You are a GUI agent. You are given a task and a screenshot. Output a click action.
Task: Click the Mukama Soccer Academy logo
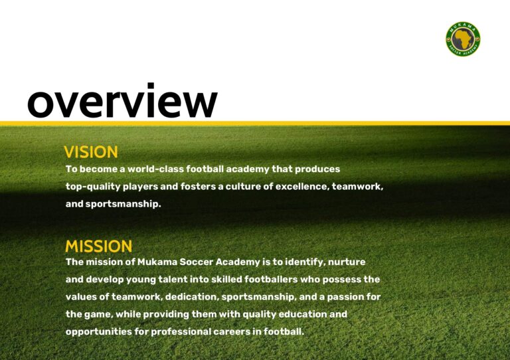coord(463,39)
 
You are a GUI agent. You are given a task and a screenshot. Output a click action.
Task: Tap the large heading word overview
coord(122,100)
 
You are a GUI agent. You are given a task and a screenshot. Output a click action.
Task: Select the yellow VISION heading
coord(91,152)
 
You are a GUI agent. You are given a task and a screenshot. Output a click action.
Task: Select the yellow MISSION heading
coord(98,246)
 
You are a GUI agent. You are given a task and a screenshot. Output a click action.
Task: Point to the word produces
coord(317,169)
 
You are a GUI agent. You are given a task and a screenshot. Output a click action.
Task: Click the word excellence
coord(302,187)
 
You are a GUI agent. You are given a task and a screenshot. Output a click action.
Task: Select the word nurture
coord(347,262)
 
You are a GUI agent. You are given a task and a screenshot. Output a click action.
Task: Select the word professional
coord(181,331)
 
